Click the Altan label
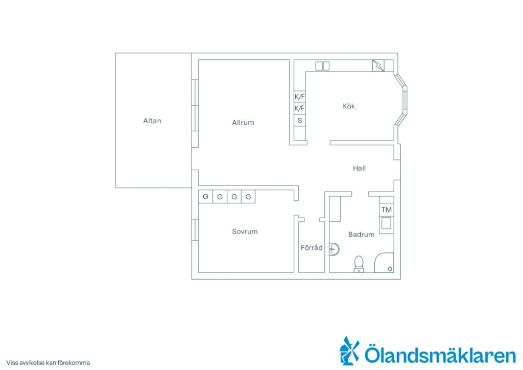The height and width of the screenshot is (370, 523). (x=152, y=121)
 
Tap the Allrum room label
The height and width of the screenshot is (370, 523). (x=243, y=123)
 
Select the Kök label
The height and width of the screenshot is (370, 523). (x=349, y=106)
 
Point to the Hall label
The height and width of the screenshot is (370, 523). (x=359, y=168)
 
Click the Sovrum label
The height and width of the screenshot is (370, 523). (x=245, y=232)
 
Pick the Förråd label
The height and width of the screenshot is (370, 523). (x=312, y=247)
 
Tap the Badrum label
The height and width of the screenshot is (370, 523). (x=361, y=235)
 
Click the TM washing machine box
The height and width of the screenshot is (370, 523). (x=387, y=210)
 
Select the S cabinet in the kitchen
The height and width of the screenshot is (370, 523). (x=300, y=121)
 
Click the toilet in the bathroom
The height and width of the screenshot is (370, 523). (x=359, y=264)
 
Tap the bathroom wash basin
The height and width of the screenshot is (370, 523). (x=334, y=249)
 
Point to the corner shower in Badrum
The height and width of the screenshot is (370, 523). (x=384, y=263)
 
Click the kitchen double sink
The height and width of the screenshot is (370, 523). (x=323, y=66)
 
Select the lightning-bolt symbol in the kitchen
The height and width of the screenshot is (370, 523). (x=378, y=66)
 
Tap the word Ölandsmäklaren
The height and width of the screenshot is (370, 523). (x=440, y=354)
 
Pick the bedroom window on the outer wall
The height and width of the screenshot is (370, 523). (x=195, y=229)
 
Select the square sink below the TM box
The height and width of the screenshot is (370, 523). (x=386, y=223)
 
